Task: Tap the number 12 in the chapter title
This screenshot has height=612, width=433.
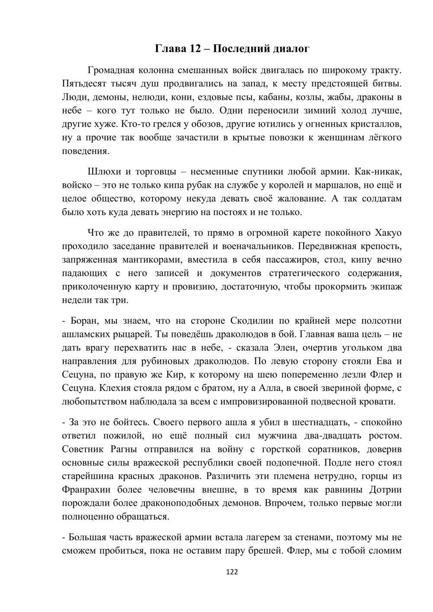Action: pyautogui.click(x=194, y=48)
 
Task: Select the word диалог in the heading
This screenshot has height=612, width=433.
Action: pyautogui.click(x=291, y=49)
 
